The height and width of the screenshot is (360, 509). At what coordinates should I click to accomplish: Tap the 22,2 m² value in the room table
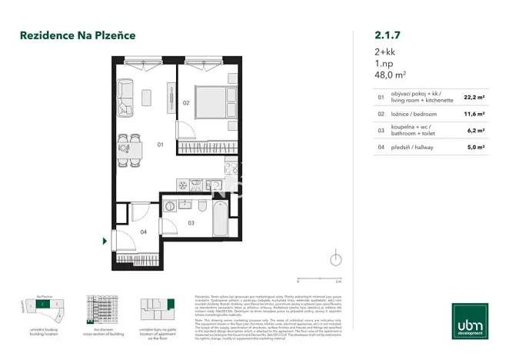pyautogui.click(x=474, y=98)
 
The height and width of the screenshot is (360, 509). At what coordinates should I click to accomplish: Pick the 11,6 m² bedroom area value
pyautogui.click(x=474, y=114)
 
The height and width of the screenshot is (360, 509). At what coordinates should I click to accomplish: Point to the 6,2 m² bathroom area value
pyautogui.click(x=475, y=130)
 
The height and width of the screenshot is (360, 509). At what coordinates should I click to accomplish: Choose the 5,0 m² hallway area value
pyautogui.click(x=475, y=146)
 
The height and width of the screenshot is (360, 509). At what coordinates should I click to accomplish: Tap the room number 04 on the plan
pyautogui.click(x=143, y=232)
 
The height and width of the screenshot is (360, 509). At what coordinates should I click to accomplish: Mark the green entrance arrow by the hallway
pyautogui.click(x=105, y=242)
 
